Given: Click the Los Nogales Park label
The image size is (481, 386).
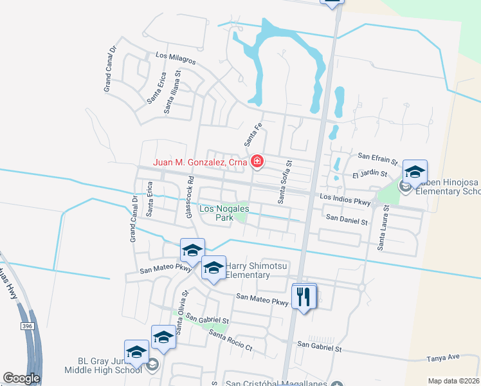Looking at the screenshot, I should (x=216, y=214).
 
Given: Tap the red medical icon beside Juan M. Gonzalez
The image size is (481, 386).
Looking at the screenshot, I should (x=257, y=161).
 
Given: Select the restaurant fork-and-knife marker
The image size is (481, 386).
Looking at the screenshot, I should (x=304, y=296).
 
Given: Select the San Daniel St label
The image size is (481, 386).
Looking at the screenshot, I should (x=346, y=221).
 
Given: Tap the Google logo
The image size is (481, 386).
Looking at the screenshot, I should (x=21, y=379).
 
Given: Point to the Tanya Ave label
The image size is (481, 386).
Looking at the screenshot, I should (x=444, y=357).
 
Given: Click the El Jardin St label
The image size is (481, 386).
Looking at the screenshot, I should (x=369, y=174).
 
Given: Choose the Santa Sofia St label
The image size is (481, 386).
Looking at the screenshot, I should (x=281, y=183).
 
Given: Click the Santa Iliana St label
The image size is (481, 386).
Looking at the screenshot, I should (x=173, y=93).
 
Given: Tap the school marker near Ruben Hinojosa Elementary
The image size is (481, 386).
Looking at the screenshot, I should (x=415, y=172).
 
